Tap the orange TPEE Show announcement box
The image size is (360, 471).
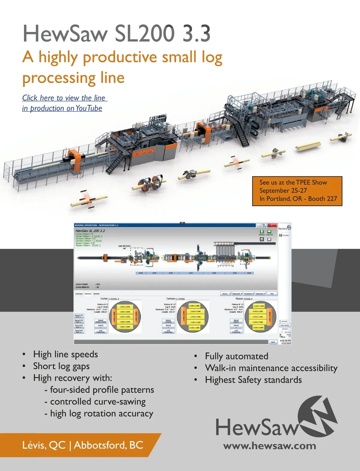[x=297, y=191]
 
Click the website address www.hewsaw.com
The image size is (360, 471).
[x=269, y=446]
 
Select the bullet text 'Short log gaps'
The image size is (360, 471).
[x=61, y=366]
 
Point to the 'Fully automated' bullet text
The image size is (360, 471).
[x=236, y=356]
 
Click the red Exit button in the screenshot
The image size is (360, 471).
[x=272, y=225]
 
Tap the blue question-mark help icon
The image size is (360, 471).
[x=264, y=225]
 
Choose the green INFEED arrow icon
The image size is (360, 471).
[x=262, y=231]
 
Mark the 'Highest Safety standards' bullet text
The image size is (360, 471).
[x=253, y=380]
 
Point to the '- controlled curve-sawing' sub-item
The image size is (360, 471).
[x=95, y=402]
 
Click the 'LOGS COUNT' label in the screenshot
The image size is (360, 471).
[x=82, y=284]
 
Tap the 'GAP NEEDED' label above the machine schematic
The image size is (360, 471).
[x=124, y=246]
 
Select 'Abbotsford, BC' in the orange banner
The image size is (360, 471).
[x=109, y=445]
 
